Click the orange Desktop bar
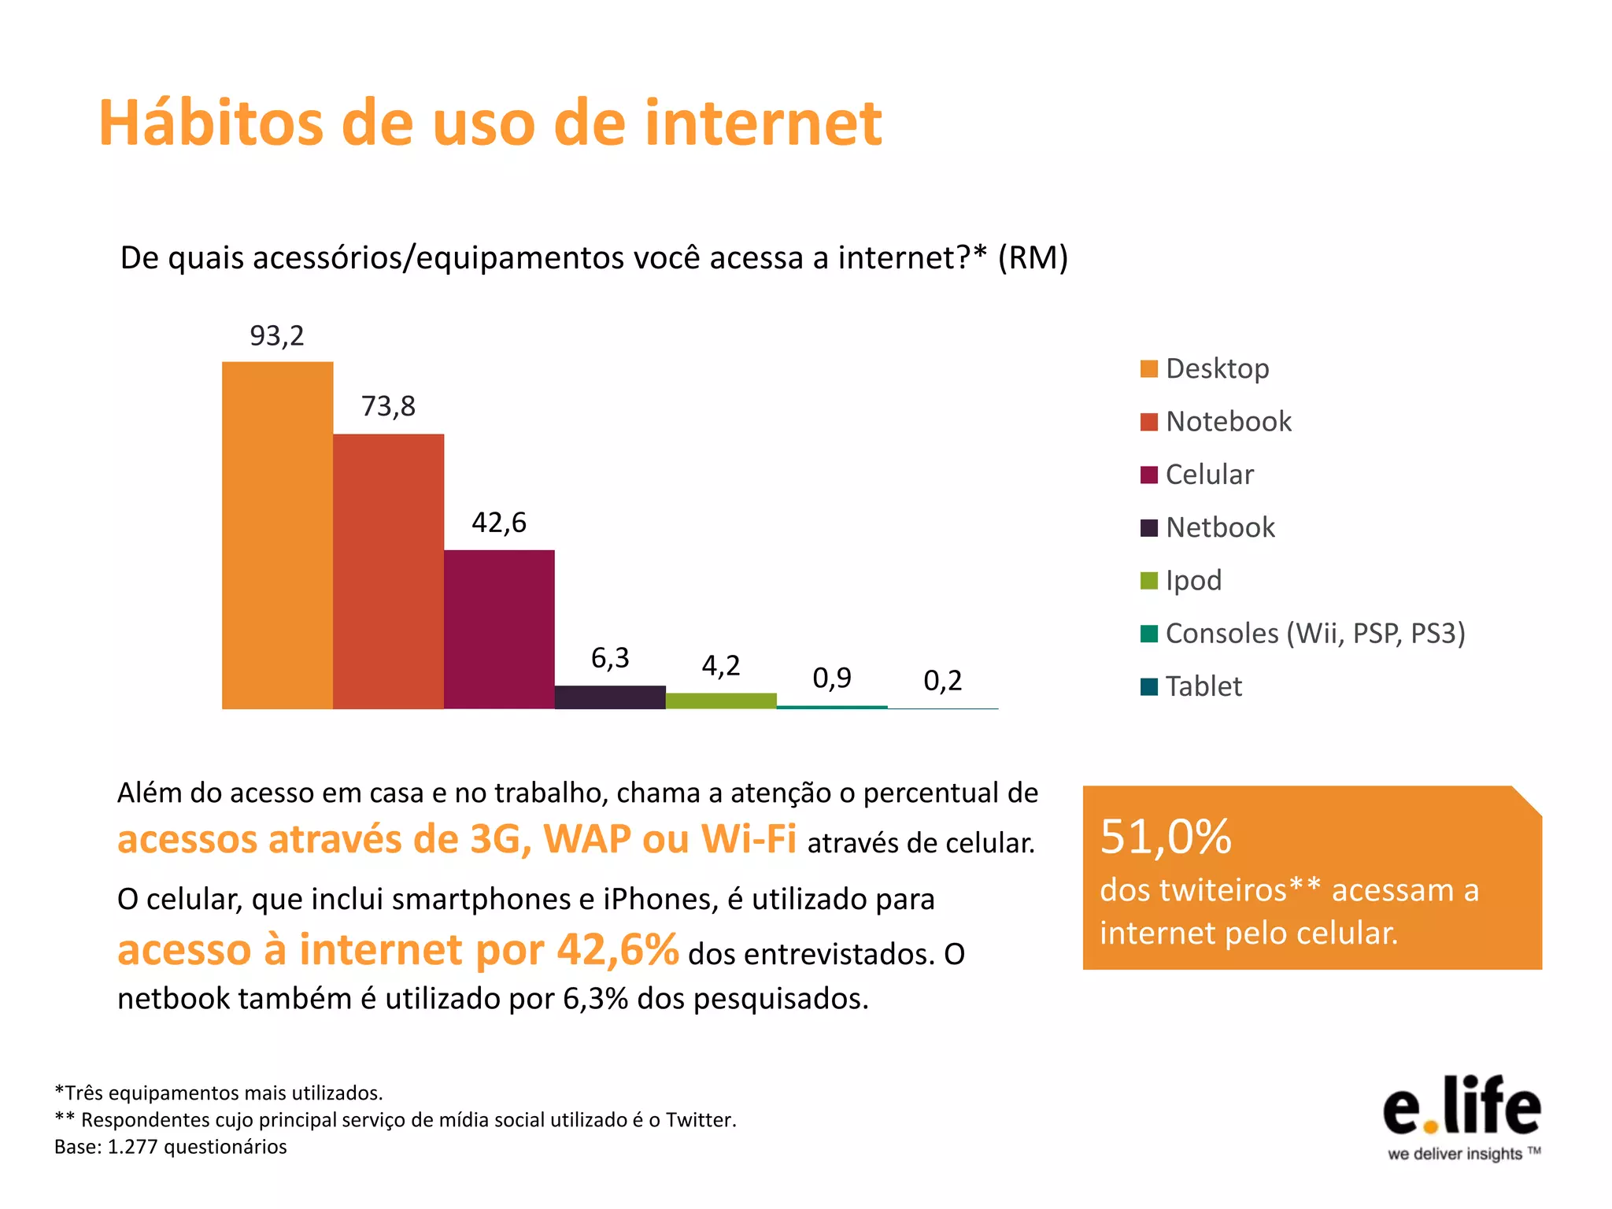[277, 535]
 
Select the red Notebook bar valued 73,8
[388, 571]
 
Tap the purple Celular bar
[499, 630]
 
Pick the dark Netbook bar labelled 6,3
[610, 697]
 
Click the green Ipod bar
[721, 701]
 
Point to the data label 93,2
[277, 336]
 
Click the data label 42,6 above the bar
[499, 523]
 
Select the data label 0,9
[832, 678]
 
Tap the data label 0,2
[943, 681]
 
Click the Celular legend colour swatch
[1148, 475]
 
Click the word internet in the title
[763, 124]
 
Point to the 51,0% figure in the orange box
[1165, 837]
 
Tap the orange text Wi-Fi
[749, 839]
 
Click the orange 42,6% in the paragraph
[618, 950]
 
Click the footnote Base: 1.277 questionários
[171, 1147]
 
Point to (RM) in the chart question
[1033, 258]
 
